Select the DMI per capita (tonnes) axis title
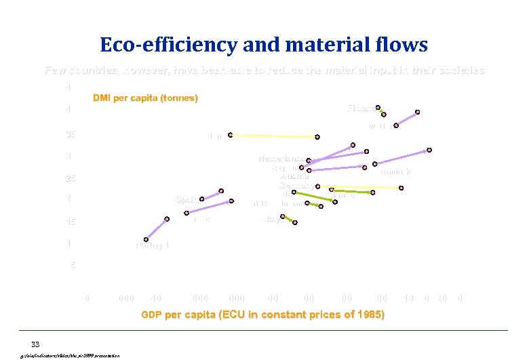coord(145,98)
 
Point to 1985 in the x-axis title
coord(370,315)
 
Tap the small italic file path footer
coord(71,355)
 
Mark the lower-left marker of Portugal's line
coord(146,239)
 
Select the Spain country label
coord(186,199)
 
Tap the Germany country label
coord(296,185)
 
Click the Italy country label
coord(272,219)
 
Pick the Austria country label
coord(294,176)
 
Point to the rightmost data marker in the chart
coord(429,150)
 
